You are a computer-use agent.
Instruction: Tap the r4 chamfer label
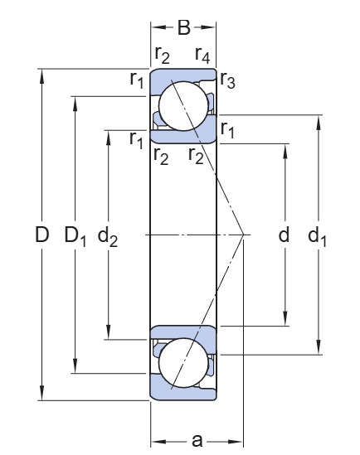202,56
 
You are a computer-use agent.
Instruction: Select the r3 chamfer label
227,81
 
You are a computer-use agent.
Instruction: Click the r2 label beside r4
163,56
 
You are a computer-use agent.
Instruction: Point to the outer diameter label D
42,236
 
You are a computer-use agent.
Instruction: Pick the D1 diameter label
76,237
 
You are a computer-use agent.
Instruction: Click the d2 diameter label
108,237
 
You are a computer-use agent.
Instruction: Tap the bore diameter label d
285,236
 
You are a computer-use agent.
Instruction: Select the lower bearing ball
183,365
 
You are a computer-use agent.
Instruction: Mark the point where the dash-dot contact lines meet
242,235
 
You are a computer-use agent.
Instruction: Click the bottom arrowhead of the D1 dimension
75,370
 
